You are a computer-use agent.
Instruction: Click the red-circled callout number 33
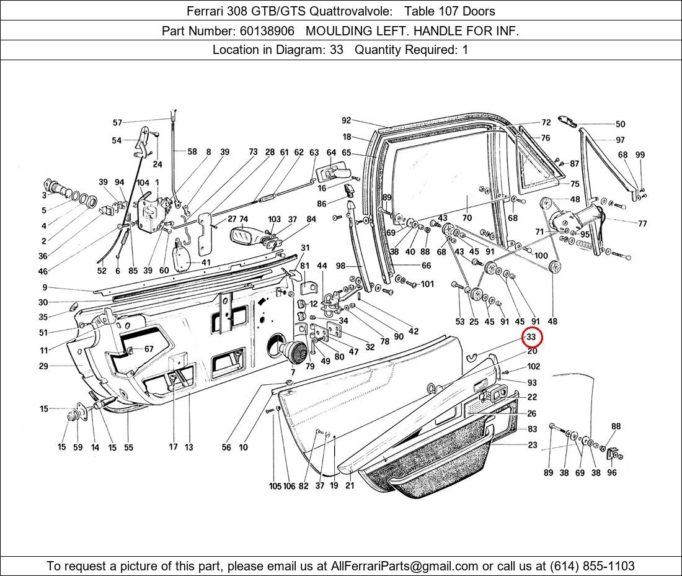point(531,337)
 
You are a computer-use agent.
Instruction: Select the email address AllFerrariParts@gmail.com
point(405,566)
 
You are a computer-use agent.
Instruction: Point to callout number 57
point(117,122)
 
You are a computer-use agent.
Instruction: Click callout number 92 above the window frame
point(346,120)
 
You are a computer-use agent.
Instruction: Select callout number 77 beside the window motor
point(642,223)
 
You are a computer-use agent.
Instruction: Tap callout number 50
point(620,124)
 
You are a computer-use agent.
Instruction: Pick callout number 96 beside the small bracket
point(612,472)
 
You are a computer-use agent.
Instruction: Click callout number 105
point(275,486)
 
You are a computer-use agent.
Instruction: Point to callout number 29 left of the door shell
point(43,366)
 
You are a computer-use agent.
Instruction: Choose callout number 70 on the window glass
point(467,218)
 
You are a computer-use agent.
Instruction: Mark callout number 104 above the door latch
point(143,182)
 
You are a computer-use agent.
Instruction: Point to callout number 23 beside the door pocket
point(533,445)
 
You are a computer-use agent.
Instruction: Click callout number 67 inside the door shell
point(149,349)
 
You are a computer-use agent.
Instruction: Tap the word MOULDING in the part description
point(339,30)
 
